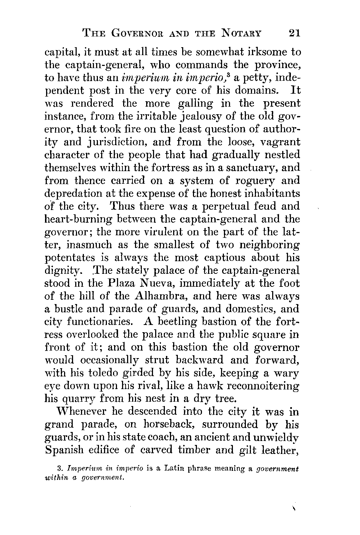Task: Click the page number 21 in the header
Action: click(294, 34)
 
